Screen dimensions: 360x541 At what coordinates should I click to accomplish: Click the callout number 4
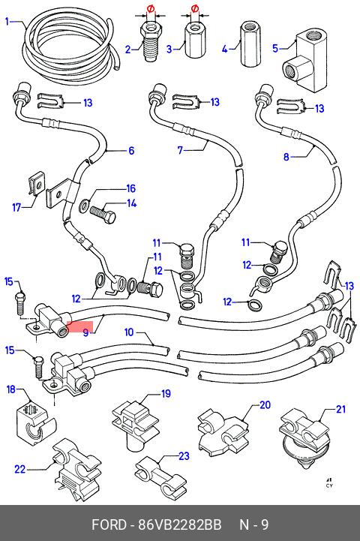click(x=224, y=50)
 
